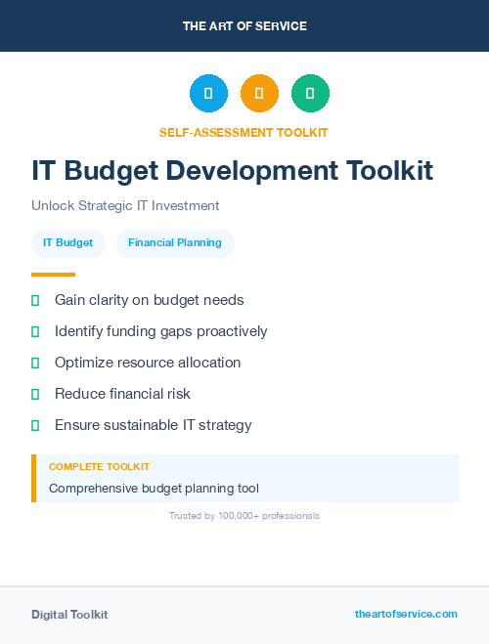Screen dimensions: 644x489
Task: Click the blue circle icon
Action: pyautogui.click(x=208, y=93)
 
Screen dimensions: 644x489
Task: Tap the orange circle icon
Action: pyautogui.click(x=259, y=93)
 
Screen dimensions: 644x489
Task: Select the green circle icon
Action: pyautogui.click(x=310, y=93)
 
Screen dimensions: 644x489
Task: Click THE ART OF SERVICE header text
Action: pyautogui.click(x=244, y=26)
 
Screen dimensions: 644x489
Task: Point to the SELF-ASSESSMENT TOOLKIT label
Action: pyautogui.click(x=244, y=132)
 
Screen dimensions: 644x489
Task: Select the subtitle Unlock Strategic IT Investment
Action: pyautogui.click(x=125, y=206)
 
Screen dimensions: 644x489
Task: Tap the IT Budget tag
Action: pyautogui.click(x=67, y=243)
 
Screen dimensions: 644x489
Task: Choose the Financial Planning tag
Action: pyautogui.click(x=175, y=243)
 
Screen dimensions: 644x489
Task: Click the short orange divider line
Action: pyautogui.click(x=53, y=275)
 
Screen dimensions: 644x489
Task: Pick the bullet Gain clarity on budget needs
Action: pyautogui.click(x=149, y=300)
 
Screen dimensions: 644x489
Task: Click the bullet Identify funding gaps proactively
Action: pyautogui.click(x=160, y=331)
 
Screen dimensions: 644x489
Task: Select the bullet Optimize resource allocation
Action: pyautogui.click(x=148, y=363)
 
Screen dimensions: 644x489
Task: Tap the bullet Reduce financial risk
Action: pyautogui.click(x=122, y=394)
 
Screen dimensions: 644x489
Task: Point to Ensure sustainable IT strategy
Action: pyautogui.click(x=153, y=425)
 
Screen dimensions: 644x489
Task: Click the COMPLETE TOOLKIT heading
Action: pyautogui.click(x=99, y=467)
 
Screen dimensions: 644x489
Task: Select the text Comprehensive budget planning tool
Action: pyautogui.click(x=154, y=488)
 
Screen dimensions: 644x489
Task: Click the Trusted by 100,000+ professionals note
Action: pyautogui.click(x=244, y=515)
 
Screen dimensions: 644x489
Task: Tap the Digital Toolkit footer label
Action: pyautogui.click(x=69, y=615)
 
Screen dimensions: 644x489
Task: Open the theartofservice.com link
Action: pyautogui.click(x=406, y=614)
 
